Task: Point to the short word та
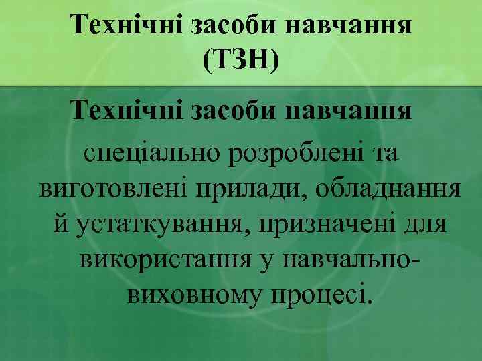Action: (x=383, y=154)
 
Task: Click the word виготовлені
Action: (x=114, y=188)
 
